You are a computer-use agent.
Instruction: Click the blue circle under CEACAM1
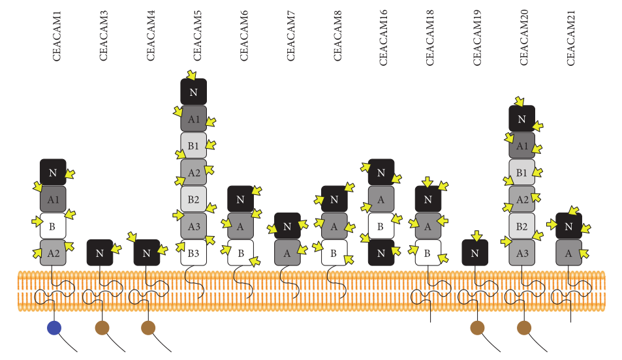(x=54, y=327)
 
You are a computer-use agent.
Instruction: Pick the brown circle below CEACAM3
(x=101, y=327)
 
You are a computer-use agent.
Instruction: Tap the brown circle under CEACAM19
(x=477, y=327)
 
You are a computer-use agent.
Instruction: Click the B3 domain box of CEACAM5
(x=193, y=252)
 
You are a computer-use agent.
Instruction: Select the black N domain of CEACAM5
(x=193, y=92)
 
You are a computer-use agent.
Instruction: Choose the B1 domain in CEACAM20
(x=521, y=173)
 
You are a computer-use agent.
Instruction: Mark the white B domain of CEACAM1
(x=53, y=226)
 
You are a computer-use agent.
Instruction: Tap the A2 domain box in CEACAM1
(x=53, y=252)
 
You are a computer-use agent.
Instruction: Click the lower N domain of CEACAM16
(x=381, y=252)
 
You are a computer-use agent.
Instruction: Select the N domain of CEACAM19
(x=474, y=252)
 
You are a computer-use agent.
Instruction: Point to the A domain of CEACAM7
(x=287, y=252)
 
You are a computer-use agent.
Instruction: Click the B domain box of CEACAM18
(x=428, y=252)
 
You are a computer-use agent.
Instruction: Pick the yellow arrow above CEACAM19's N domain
(x=476, y=235)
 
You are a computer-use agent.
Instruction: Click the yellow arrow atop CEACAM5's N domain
(x=191, y=75)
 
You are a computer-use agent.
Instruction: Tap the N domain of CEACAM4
(x=146, y=252)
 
